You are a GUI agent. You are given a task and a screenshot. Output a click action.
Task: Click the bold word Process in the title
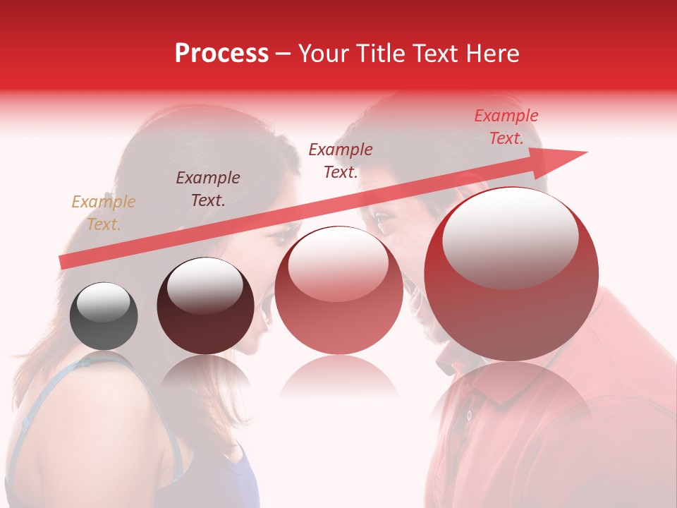[x=221, y=54]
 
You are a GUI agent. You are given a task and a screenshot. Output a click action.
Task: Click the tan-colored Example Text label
[x=103, y=213]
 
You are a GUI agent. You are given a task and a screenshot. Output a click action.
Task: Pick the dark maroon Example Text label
[x=208, y=189]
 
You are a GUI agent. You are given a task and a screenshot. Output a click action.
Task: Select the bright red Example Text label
[x=506, y=127]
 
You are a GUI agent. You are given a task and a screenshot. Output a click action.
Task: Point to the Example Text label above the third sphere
[x=341, y=160]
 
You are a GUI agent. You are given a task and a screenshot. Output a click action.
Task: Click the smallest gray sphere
[x=104, y=316]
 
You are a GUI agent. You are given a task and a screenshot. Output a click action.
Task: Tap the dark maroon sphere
[x=205, y=306]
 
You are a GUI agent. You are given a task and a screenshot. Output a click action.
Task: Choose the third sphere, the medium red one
[x=338, y=291]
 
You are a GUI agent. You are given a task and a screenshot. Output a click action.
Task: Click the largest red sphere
[x=511, y=274]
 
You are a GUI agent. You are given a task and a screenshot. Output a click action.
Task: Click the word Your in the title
[x=325, y=54]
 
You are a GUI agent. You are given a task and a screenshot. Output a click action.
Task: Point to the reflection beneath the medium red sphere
[x=338, y=377]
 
